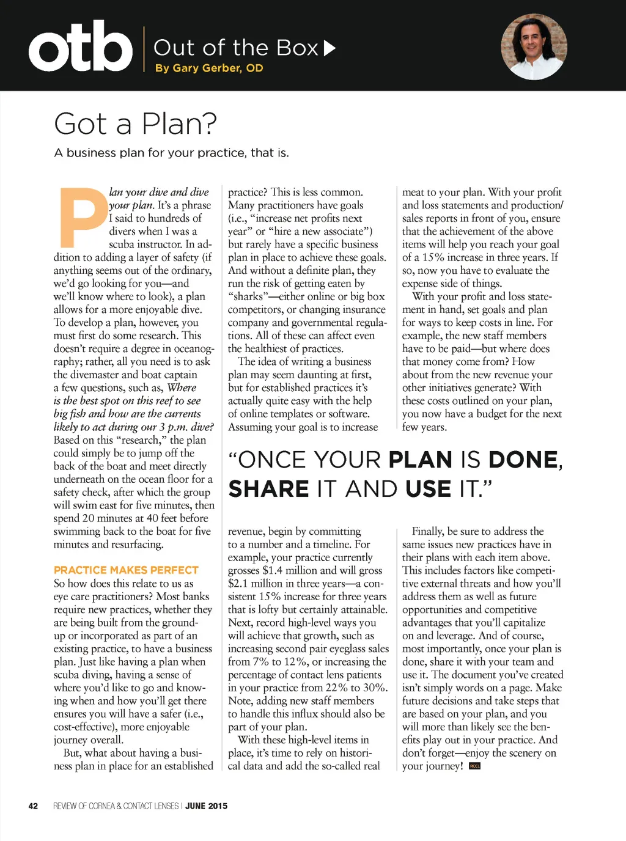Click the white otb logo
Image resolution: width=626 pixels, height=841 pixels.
point(80,47)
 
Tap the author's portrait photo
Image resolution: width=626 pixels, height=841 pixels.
point(534,47)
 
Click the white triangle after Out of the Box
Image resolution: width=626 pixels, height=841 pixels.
point(330,48)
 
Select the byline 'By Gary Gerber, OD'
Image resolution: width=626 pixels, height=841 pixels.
point(209,68)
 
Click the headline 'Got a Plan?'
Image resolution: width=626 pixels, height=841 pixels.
point(135,123)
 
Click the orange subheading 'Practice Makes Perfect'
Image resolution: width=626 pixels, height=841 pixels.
point(126,570)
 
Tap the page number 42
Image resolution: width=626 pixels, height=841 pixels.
point(33,806)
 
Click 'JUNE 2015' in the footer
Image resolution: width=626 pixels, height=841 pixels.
point(206,806)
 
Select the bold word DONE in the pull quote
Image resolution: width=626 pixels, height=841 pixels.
point(523,460)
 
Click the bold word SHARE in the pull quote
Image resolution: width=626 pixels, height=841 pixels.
point(269,490)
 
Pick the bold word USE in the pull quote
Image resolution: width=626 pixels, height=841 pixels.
point(427,490)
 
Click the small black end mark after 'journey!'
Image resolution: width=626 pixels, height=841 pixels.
point(474,766)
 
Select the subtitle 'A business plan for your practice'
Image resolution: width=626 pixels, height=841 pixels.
point(171,153)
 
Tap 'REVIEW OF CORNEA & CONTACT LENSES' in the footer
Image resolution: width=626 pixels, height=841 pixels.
point(116,806)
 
